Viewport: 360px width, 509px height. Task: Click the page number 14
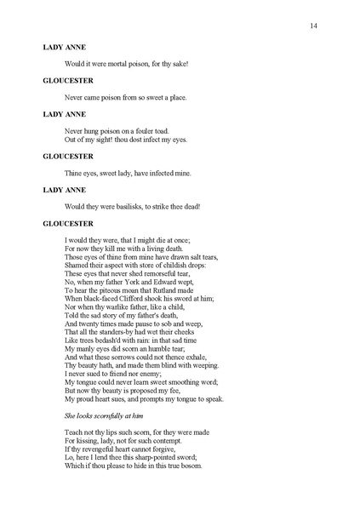314,27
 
